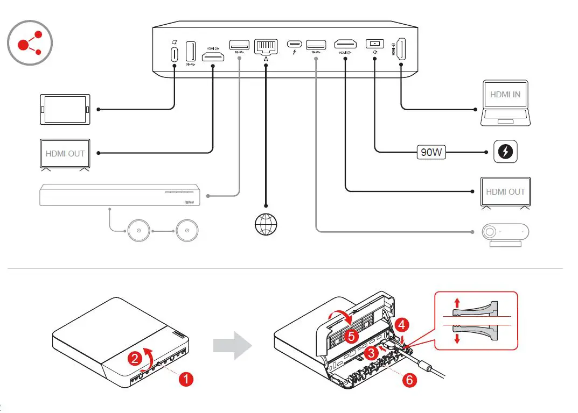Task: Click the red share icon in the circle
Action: (x=30, y=42)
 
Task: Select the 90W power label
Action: (x=431, y=153)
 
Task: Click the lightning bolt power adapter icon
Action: (x=506, y=153)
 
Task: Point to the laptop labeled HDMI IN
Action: (x=505, y=103)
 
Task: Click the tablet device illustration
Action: (x=65, y=109)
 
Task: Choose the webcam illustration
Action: (x=505, y=234)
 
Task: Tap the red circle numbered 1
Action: (x=186, y=380)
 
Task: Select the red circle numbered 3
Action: (x=370, y=353)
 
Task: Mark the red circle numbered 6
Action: (x=410, y=380)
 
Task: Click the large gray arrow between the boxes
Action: (x=232, y=346)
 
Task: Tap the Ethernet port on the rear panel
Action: (x=265, y=48)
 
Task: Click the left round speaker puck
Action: (x=138, y=231)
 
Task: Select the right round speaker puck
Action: (x=187, y=231)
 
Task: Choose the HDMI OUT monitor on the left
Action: (x=65, y=154)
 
